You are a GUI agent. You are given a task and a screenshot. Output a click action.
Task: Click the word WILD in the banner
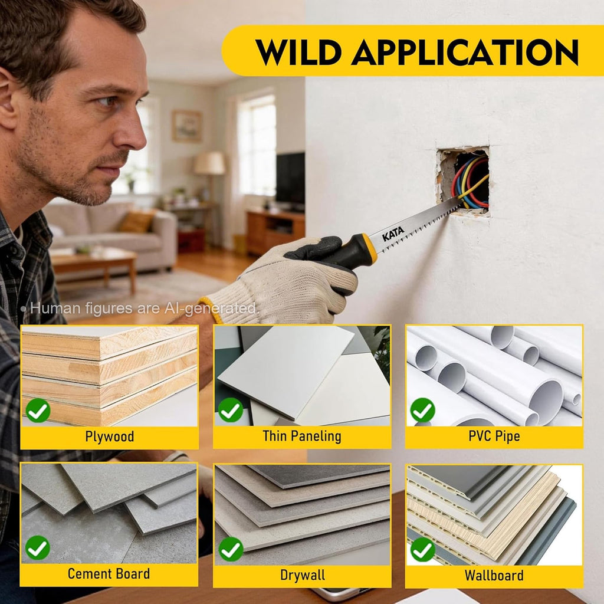[298, 52]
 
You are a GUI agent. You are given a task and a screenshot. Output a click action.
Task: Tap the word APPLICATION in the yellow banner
[465, 52]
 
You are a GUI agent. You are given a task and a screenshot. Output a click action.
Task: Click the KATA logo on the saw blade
[393, 234]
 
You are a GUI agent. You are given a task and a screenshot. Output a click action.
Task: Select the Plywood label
[110, 437]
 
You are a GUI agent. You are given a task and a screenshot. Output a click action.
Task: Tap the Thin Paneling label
[302, 436]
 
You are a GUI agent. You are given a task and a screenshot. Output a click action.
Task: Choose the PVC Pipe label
[494, 436]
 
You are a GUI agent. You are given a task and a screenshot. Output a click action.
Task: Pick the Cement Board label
[109, 573]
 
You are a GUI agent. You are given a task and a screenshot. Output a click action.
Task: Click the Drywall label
[303, 575]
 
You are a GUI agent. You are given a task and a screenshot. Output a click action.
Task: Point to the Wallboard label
[494, 576]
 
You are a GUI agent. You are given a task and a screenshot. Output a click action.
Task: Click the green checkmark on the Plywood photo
[38, 411]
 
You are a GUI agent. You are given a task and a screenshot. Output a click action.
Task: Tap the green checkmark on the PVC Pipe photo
[422, 410]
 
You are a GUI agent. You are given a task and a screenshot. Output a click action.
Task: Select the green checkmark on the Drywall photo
[231, 549]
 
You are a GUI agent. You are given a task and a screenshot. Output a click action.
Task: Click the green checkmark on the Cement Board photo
[38, 548]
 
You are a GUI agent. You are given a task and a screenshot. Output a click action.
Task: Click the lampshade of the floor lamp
[209, 163]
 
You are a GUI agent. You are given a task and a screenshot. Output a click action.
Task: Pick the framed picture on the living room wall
[187, 126]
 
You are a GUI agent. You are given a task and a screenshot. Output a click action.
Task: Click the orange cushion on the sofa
[137, 221]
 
